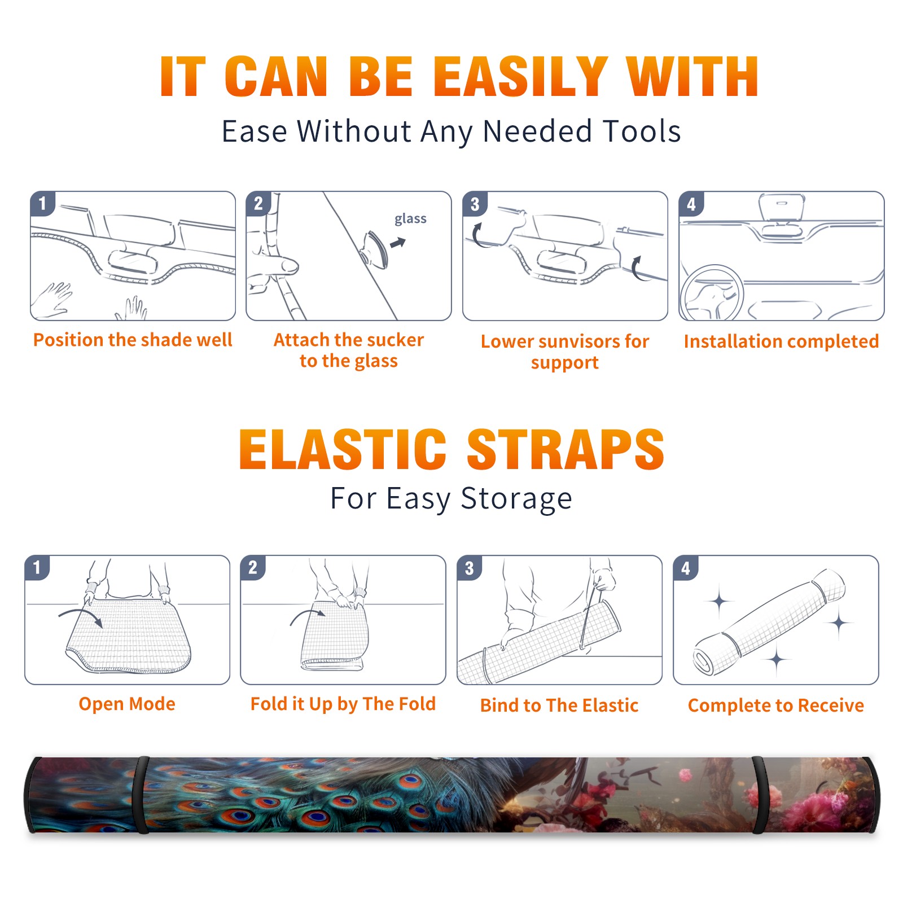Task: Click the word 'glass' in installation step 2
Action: click(x=410, y=219)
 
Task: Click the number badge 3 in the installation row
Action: click(x=474, y=204)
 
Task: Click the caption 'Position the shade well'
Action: click(x=133, y=340)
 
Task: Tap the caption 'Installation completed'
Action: click(x=781, y=341)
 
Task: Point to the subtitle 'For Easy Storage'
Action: click(x=451, y=498)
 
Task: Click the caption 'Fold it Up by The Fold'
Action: click(x=343, y=704)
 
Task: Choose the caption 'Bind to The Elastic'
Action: click(x=559, y=705)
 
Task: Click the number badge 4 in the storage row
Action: click(x=685, y=568)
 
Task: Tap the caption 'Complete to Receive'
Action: click(x=776, y=705)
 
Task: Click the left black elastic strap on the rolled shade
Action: click(x=141, y=795)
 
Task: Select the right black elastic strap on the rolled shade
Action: click(x=760, y=795)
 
